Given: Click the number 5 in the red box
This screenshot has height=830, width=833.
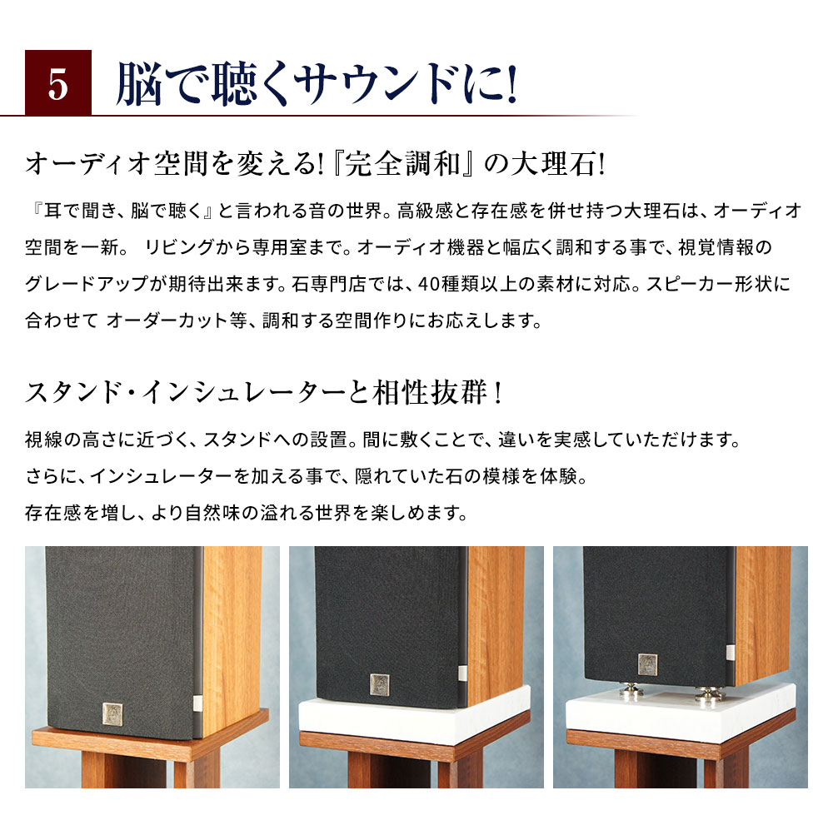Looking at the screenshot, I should [57, 83].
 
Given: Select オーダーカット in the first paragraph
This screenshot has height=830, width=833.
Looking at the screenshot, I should [167, 320].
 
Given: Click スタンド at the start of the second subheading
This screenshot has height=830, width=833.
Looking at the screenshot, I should [71, 391].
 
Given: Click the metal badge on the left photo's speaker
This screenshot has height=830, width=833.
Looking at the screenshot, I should [112, 713].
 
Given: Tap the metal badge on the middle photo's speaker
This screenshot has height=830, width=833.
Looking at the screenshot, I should [379, 683].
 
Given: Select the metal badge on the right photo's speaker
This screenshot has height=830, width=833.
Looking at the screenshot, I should [647, 664].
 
